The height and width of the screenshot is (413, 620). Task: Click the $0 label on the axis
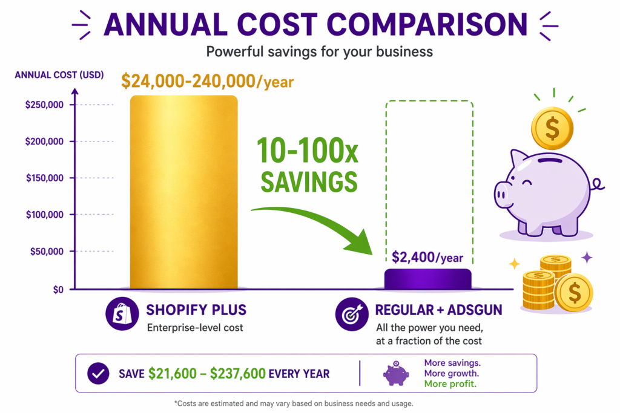pyautogui.click(x=58, y=289)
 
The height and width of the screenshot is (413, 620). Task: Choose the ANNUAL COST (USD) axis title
pyautogui.click(x=59, y=75)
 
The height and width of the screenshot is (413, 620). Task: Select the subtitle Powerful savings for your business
pyautogui.click(x=319, y=51)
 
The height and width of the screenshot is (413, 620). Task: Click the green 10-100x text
pyautogui.click(x=308, y=151)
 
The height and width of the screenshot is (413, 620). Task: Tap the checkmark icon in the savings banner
pyautogui.click(x=98, y=374)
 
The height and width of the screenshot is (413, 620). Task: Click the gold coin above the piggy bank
pyautogui.click(x=552, y=128)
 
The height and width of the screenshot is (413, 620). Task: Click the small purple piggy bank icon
pyautogui.click(x=396, y=374)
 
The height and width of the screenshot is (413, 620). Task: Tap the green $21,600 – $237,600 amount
pyautogui.click(x=207, y=374)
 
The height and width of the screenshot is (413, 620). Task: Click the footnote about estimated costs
pyautogui.click(x=310, y=403)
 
